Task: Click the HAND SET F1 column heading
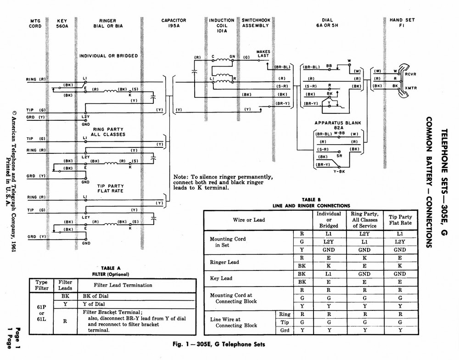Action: pyautogui.click(x=402, y=23)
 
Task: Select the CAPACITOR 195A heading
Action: pyautogui.click(x=174, y=23)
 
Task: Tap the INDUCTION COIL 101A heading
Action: pyautogui.click(x=222, y=26)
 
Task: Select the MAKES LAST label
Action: pyautogui.click(x=263, y=54)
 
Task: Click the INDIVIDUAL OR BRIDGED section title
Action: pyautogui.click(x=108, y=56)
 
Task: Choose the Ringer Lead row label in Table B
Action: pyautogui.click(x=225, y=262)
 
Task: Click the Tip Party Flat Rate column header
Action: pyautogui.click(x=400, y=219)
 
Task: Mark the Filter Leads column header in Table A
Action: pyautogui.click(x=65, y=285)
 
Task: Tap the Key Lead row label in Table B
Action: pyautogui.click(x=221, y=278)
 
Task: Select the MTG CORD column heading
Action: pyautogui.click(x=35, y=23)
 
